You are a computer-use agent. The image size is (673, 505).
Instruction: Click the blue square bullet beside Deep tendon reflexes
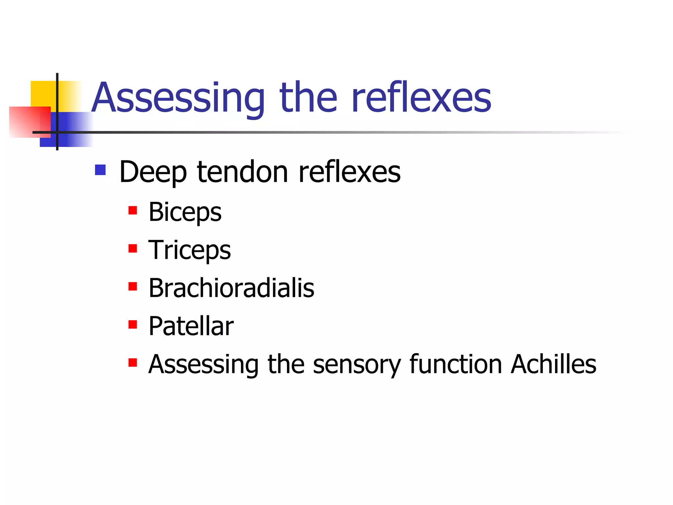click(100, 170)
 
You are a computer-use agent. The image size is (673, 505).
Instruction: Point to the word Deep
click(153, 172)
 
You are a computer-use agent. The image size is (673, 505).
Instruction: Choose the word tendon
click(243, 172)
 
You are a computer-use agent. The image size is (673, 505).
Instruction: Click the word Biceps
click(185, 212)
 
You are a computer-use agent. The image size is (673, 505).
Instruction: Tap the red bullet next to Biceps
click(133, 210)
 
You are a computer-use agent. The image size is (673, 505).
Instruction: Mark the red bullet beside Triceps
click(133, 248)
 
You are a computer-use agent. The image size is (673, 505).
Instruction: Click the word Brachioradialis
click(231, 288)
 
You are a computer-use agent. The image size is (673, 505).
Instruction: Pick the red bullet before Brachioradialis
click(133, 286)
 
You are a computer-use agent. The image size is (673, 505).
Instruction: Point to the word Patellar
click(191, 326)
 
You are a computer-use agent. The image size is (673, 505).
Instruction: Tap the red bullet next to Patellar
click(133, 325)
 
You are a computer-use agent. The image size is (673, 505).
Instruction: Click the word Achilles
click(553, 364)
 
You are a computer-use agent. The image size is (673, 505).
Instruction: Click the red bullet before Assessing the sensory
click(133, 363)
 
